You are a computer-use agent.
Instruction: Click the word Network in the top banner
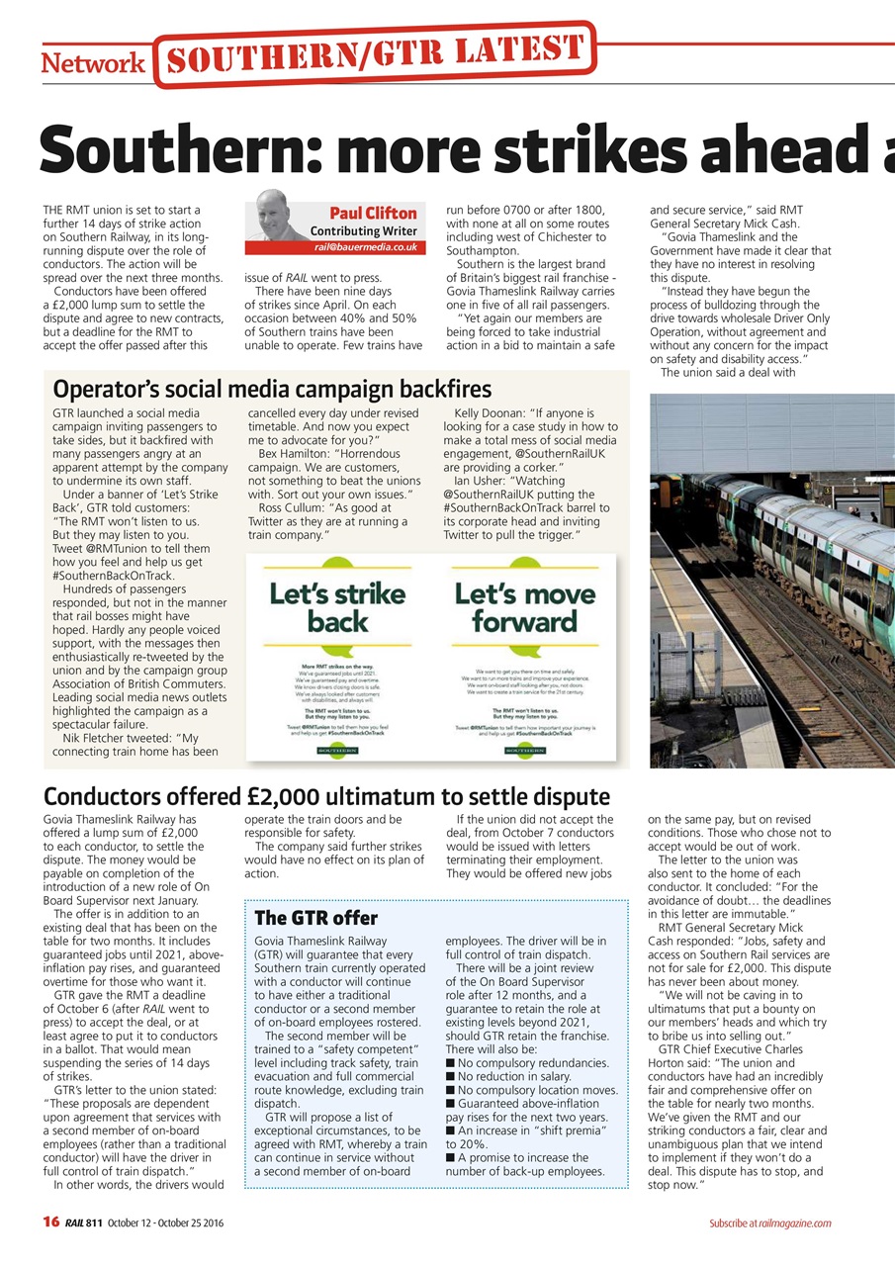click(93, 63)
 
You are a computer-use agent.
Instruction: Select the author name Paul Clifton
click(372, 213)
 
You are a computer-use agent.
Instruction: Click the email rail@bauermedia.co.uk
click(366, 246)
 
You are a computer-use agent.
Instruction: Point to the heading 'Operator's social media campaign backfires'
click(272, 389)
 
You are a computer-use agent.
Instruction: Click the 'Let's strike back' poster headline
click(337, 607)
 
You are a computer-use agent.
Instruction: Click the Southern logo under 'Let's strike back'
click(337, 751)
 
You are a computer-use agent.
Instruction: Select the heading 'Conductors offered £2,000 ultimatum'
click(326, 796)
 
